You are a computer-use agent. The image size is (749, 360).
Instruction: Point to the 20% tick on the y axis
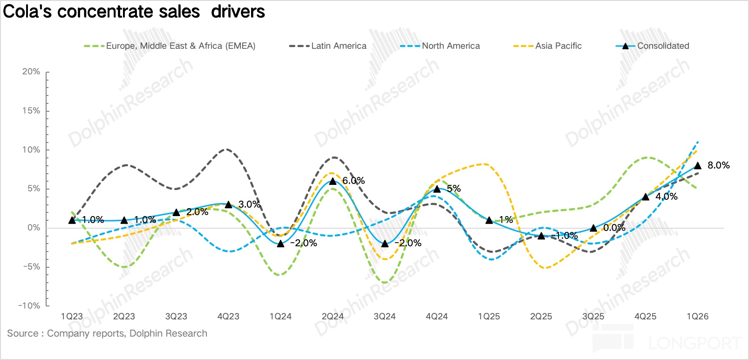point(31,72)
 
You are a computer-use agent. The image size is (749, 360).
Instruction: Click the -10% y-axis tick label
point(29,306)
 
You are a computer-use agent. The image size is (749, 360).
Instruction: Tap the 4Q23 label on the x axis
point(228,317)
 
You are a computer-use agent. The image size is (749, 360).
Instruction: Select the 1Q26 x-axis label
point(697,317)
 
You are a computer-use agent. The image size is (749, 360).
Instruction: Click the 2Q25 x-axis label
point(541,317)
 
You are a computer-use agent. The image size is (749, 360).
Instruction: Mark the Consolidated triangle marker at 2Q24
point(333,181)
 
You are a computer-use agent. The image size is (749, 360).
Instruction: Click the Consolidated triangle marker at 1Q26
point(697,165)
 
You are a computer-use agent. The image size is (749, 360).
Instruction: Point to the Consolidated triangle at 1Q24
point(280,243)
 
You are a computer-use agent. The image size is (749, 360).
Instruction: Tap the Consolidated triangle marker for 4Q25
point(646,197)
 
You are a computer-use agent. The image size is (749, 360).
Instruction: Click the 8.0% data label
point(718,165)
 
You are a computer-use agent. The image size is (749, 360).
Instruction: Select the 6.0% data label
point(354,181)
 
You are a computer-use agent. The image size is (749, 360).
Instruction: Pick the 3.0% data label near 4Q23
point(249,204)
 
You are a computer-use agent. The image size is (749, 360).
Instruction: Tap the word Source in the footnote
point(22,333)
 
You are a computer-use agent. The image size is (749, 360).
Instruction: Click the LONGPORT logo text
point(694,344)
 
